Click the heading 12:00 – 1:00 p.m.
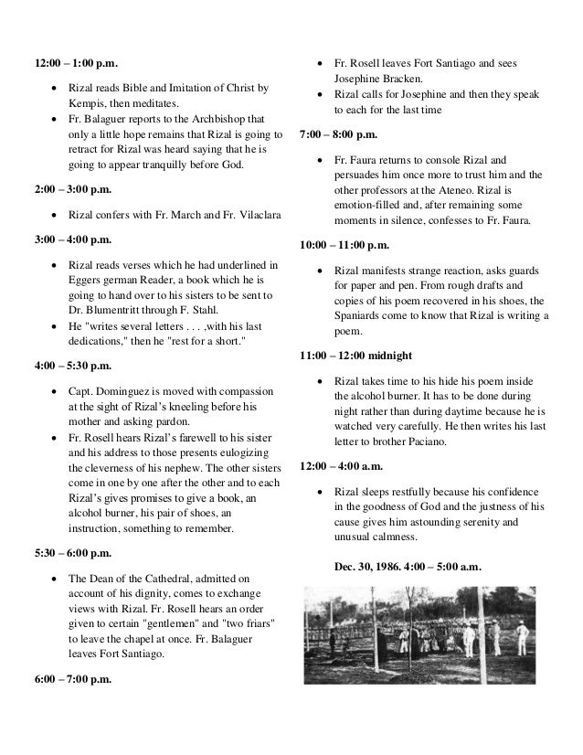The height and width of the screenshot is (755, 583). [x=77, y=64]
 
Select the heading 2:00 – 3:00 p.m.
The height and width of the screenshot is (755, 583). [x=73, y=190]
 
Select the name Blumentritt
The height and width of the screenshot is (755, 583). [x=114, y=312]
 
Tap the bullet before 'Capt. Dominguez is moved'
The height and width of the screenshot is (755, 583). [x=57, y=390]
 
